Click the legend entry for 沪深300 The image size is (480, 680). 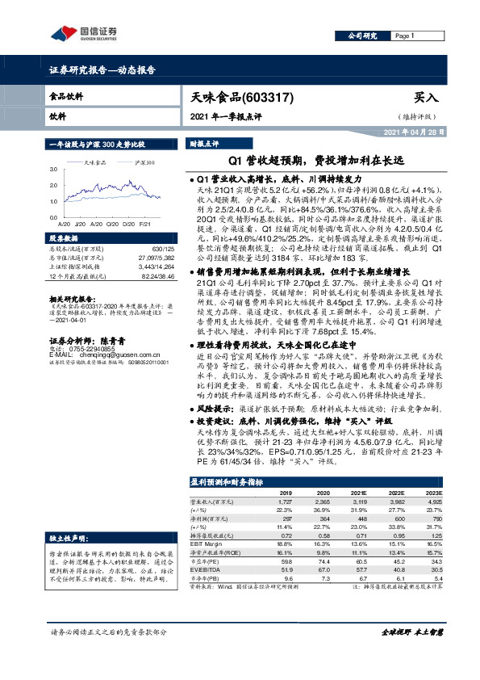click(x=144, y=164)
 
